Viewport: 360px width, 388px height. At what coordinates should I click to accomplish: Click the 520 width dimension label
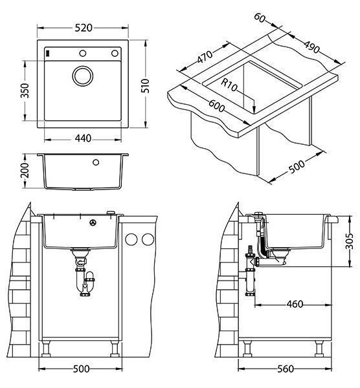tap(84, 28)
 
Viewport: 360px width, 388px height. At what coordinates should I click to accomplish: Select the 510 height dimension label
tap(146, 85)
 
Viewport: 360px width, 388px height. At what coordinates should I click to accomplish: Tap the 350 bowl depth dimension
tap(25, 91)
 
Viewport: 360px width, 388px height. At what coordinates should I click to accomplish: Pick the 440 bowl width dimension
tap(83, 138)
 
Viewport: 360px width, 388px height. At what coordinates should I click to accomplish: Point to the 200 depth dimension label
tap(25, 170)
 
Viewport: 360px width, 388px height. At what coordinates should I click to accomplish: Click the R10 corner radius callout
tap(229, 85)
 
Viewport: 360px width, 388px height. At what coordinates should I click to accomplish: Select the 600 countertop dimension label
tap(216, 105)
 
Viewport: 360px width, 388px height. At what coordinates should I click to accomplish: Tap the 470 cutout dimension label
tap(205, 57)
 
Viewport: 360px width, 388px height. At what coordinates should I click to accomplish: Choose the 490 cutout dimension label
tap(311, 47)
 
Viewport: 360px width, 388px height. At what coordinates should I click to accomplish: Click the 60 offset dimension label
tap(260, 18)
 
